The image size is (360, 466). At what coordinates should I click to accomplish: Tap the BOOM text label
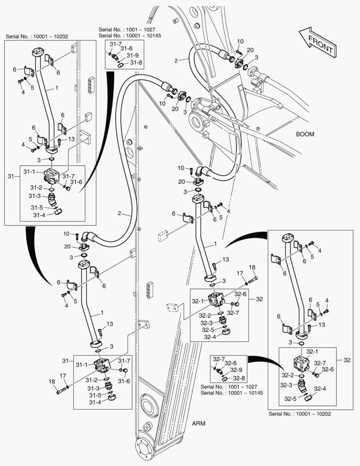coord(305,134)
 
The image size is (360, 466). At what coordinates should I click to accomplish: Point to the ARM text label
coord(198,423)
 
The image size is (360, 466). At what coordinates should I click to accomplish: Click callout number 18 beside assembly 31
coord(52,381)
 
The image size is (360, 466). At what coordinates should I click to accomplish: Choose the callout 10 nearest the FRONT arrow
coord(240,41)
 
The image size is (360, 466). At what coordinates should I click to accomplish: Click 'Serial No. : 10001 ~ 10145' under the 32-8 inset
coord(232,393)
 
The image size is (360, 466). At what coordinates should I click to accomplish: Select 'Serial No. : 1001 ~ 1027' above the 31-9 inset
coord(124,29)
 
